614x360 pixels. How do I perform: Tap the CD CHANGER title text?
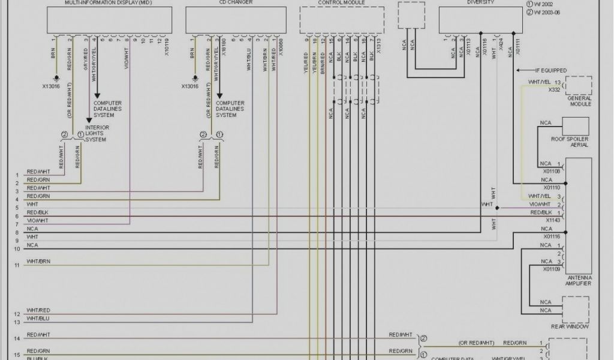(219, 2)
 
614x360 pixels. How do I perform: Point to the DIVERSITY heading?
(481, 2)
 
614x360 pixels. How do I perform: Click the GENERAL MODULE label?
(579, 101)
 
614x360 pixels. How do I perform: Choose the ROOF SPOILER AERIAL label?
(570, 142)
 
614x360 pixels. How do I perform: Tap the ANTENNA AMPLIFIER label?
(579, 280)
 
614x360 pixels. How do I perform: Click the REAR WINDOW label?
(570, 326)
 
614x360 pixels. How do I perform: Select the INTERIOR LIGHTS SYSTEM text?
(95, 134)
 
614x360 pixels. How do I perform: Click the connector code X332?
(554, 89)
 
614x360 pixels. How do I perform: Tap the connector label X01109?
(552, 269)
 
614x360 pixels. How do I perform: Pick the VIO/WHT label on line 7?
(37, 220)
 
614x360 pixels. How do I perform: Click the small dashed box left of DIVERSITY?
(413, 14)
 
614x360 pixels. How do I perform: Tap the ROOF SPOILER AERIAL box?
(575, 126)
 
